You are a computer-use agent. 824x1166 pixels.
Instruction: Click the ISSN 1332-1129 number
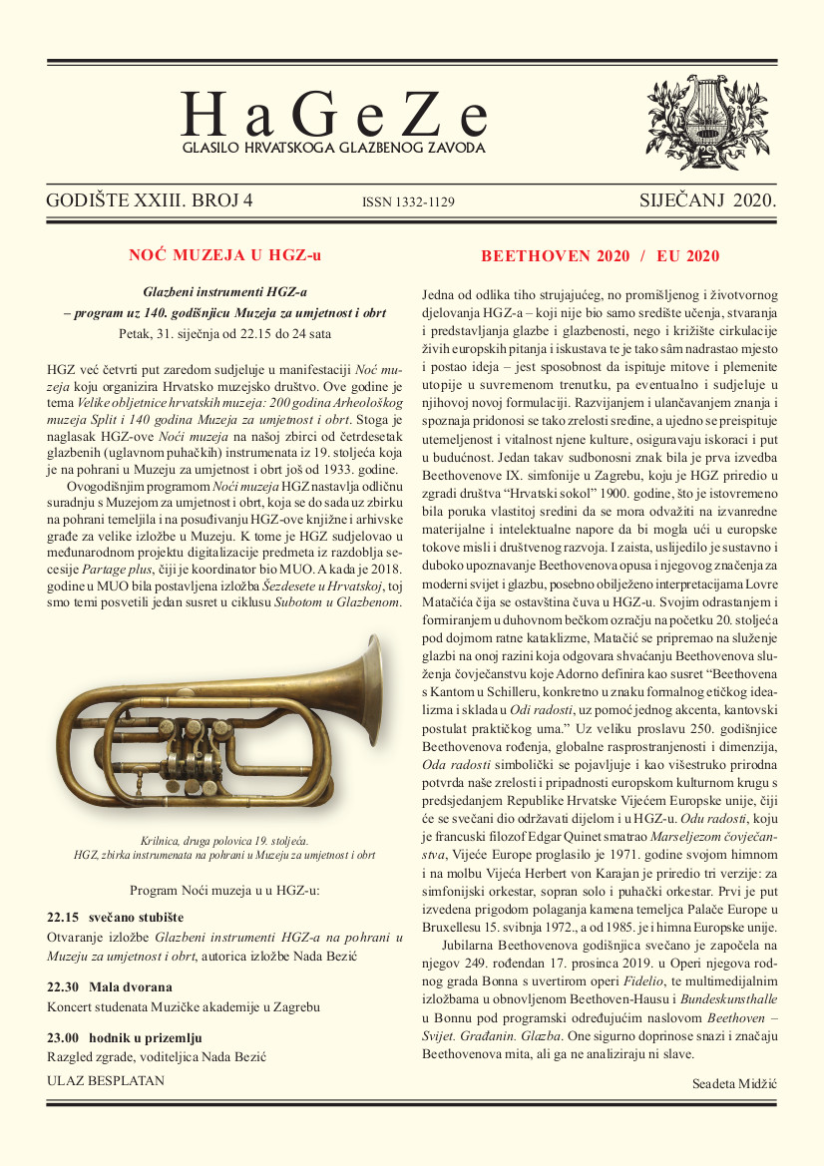409,202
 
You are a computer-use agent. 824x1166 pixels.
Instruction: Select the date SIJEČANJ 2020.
707,200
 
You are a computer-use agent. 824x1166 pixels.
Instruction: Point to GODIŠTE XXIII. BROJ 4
150,200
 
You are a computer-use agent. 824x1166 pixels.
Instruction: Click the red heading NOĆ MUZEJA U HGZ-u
224,255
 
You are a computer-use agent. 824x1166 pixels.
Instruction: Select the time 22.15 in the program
63,917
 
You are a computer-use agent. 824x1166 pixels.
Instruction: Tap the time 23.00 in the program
63,1037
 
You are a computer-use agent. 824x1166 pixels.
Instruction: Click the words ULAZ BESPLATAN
106,1079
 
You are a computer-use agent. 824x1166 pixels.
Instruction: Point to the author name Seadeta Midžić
733,1083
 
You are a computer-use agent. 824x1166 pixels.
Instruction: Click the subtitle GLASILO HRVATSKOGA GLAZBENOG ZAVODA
333,148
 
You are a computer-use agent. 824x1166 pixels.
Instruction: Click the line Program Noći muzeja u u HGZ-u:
224,889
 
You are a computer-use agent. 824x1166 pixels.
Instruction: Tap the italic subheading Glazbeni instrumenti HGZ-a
224,292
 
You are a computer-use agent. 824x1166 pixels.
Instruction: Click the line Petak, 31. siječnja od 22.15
224,331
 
